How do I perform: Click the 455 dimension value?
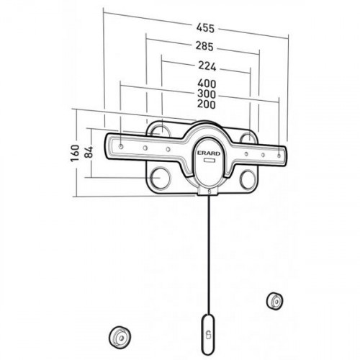pyautogui.click(x=205, y=28)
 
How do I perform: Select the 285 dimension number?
pyautogui.click(x=204, y=46)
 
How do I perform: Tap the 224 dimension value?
pyautogui.click(x=207, y=66)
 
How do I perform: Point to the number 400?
pyautogui.click(x=207, y=84)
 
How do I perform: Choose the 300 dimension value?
pyautogui.click(x=207, y=94)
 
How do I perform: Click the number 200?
pyautogui.click(x=207, y=104)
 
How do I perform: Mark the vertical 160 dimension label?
pyautogui.click(x=75, y=153)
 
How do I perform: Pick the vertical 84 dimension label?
pyautogui.click(x=89, y=152)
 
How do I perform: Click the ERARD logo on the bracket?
pyautogui.click(x=208, y=153)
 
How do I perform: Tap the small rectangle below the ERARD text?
pyautogui.click(x=209, y=161)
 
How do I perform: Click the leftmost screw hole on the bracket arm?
pyautogui.click(x=121, y=145)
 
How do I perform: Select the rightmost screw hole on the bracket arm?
pyautogui.click(x=279, y=156)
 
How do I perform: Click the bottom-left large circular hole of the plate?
pyautogui.click(x=160, y=178)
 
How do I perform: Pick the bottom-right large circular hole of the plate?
pyautogui.click(x=248, y=179)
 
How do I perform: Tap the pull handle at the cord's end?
pyautogui.click(x=207, y=334)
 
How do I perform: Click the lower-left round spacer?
pyautogui.click(x=120, y=337)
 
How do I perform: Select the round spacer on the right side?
pyautogui.click(x=275, y=301)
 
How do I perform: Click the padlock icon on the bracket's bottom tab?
pyautogui.click(x=210, y=192)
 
